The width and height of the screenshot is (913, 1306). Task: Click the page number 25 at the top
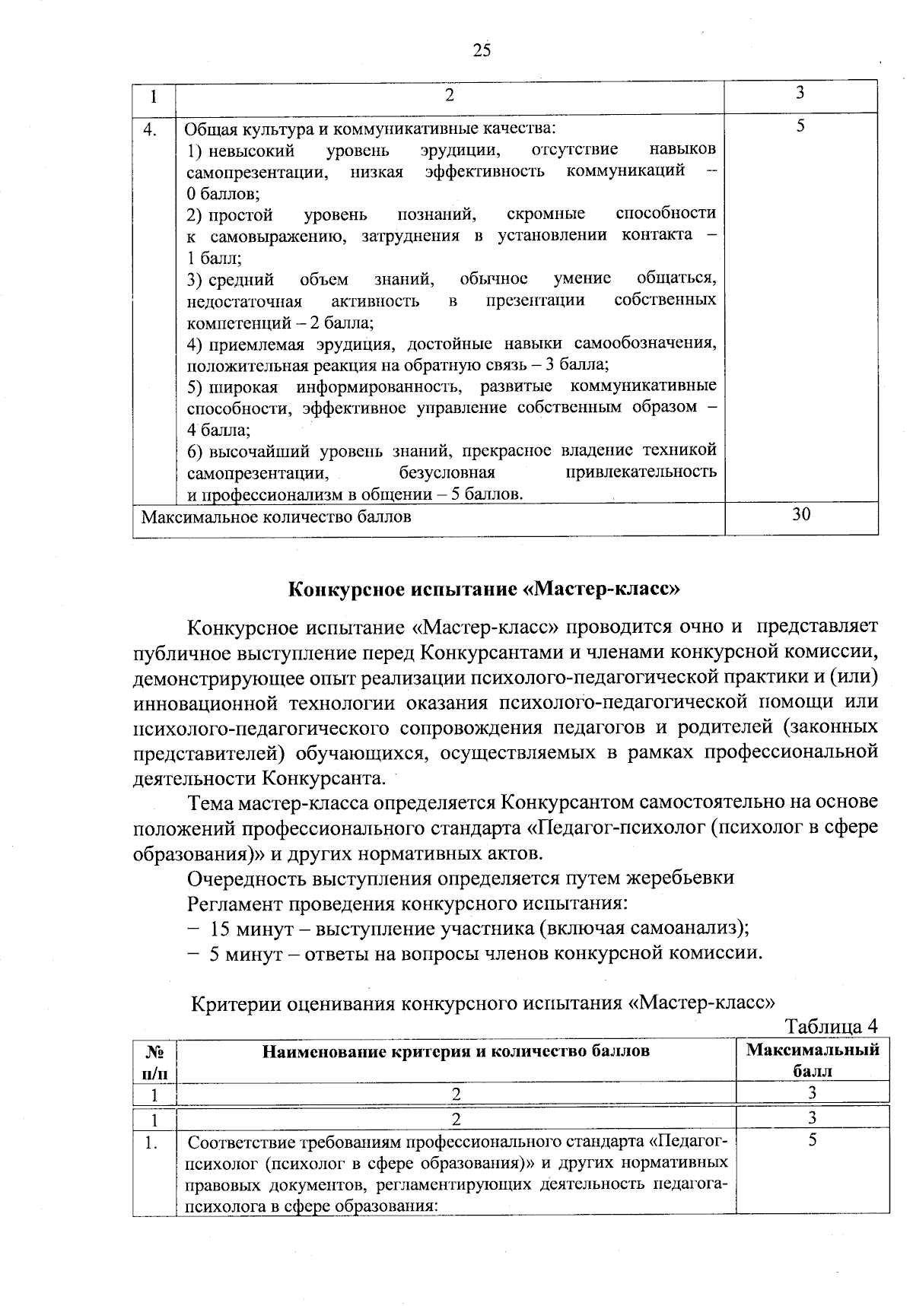[482, 50]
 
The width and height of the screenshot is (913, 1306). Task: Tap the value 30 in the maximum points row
[800, 515]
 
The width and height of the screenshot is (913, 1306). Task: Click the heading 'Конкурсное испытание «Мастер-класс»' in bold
[483, 590]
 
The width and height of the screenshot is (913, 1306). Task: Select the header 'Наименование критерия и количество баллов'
[456, 1051]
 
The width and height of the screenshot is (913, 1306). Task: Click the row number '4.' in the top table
[151, 130]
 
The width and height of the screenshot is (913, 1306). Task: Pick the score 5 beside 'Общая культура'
[800, 127]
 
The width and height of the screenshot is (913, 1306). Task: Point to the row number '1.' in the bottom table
[152, 1142]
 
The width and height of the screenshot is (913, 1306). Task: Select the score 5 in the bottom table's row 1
[813, 1140]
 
